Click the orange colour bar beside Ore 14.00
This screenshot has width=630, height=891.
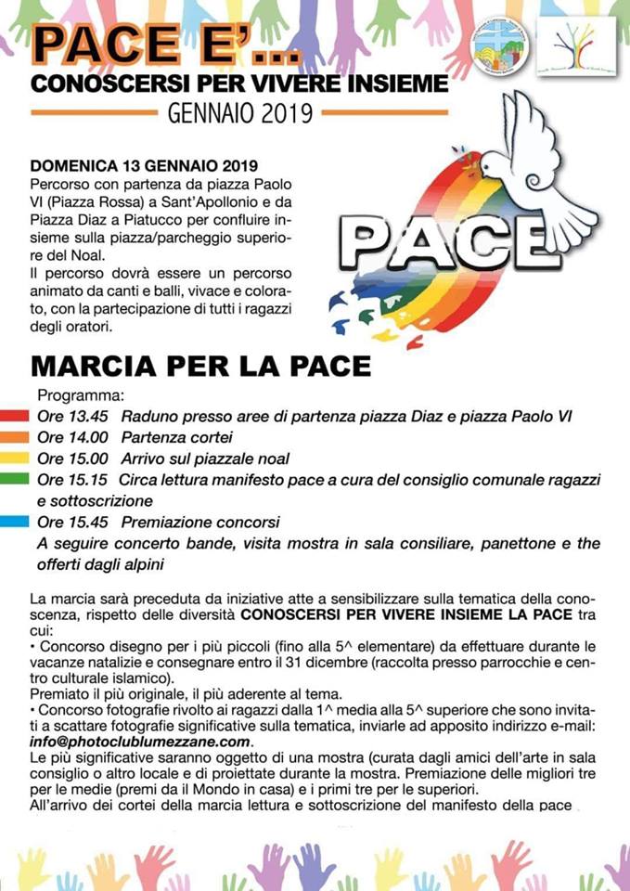pyautogui.click(x=17, y=437)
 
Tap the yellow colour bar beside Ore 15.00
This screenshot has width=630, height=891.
pyautogui.click(x=17, y=458)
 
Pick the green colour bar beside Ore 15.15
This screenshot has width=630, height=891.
pyautogui.click(x=17, y=480)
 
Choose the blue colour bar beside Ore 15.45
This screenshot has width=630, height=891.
pyautogui.click(x=17, y=522)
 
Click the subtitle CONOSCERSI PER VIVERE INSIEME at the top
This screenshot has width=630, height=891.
pyautogui.click(x=239, y=85)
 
